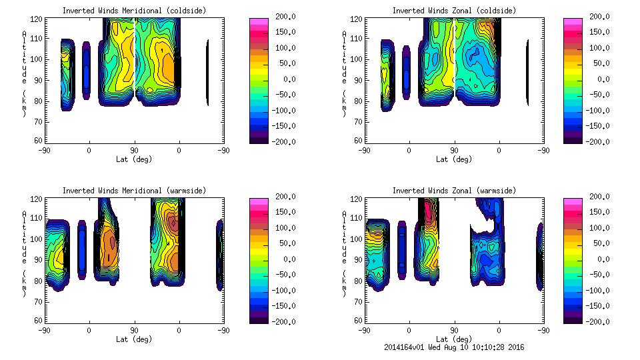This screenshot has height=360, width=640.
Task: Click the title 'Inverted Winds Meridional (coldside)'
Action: (134, 11)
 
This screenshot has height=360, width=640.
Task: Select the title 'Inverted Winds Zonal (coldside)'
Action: (453, 11)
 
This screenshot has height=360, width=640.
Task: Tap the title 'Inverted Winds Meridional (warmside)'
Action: (134, 191)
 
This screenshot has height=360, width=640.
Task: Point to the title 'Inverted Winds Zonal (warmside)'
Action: (453, 191)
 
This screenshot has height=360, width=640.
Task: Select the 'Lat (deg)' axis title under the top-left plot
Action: (134, 159)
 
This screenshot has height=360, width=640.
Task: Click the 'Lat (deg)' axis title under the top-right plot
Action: (453, 159)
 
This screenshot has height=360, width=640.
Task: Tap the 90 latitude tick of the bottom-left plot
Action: (134, 330)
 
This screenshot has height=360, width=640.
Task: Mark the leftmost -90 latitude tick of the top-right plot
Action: (364, 150)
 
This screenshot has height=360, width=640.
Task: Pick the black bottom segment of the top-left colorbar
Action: (258, 139)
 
